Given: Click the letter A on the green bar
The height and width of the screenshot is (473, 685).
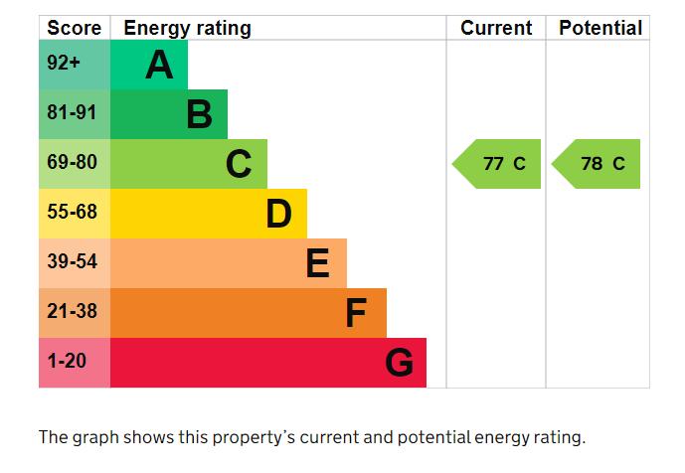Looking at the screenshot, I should (x=159, y=66).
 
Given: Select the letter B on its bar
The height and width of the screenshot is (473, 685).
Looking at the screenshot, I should (x=199, y=115).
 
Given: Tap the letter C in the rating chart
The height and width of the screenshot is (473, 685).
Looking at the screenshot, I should (x=239, y=164).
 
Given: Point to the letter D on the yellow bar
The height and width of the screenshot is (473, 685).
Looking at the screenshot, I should (x=278, y=214).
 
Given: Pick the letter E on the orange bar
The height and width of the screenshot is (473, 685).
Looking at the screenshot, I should (x=317, y=263).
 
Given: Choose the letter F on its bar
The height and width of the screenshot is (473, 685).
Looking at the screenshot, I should (x=356, y=313).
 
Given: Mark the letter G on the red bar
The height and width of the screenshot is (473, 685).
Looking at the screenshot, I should (x=399, y=363).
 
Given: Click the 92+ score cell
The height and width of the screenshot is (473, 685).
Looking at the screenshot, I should (x=64, y=64).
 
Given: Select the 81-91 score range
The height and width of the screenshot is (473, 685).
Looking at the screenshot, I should (x=72, y=113).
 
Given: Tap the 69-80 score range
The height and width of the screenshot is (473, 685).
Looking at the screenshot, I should (x=72, y=162).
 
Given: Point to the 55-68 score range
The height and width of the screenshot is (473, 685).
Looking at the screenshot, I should (x=72, y=212).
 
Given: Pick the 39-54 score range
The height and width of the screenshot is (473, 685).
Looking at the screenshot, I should (x=72, y=261).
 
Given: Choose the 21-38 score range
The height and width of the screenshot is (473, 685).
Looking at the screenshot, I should (x=72, y=311).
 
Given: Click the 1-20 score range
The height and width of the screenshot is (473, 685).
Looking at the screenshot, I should (x=67, y=361).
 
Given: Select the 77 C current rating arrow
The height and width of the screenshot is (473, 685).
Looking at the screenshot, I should (x=499, y=164).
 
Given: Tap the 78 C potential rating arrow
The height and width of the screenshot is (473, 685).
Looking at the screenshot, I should (x=598, y=164).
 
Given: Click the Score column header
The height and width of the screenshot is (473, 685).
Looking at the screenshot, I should (x=74, y=28).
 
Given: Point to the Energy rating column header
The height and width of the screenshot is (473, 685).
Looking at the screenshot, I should (x=187, y=28).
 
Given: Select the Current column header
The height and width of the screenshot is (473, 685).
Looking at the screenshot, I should (x=496, y=28).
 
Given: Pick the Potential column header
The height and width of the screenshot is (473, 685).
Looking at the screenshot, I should (x=600, y=28).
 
